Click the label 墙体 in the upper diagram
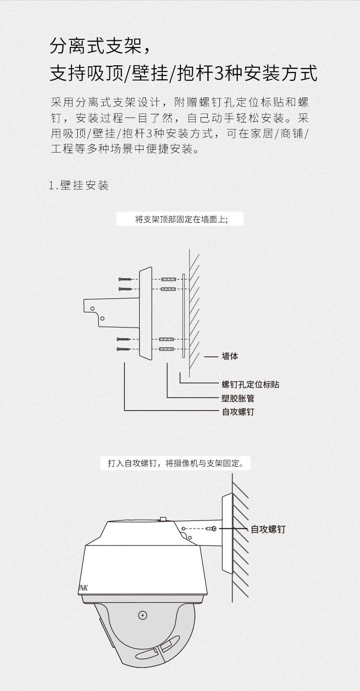pyautogui.click(x=230, y=356)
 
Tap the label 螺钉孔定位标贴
pyautogui.click(x=251, y=384)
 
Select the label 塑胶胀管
pyautogui.click(x=238, y=398)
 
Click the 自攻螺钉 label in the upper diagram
pyautogui.click(x=238, y=412)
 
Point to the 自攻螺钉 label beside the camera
pyautogui.click(x=268, y=529)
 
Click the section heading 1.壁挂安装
pyautogui.click(x=79, y=185)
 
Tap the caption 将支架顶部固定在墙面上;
pyautogui.click(x=181, y=219)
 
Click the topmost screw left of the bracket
pyautogui.click(x=125, y=279)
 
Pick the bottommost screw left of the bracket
pyautogui.click(x=124, y=349)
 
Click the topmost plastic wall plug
pyautogui.click(x=169, y=279)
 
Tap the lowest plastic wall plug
pyautogui.click(x=167, y=349)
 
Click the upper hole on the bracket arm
pyautogui.click(x=92, y=308)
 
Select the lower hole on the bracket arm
pyautogui.click(x=102, y=318)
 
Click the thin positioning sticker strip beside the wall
pyautogui.click(x=183, y=315)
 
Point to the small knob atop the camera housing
pyautogui.click(x=164, y=519)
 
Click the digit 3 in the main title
pyautogui.click(x=218, y=74)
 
